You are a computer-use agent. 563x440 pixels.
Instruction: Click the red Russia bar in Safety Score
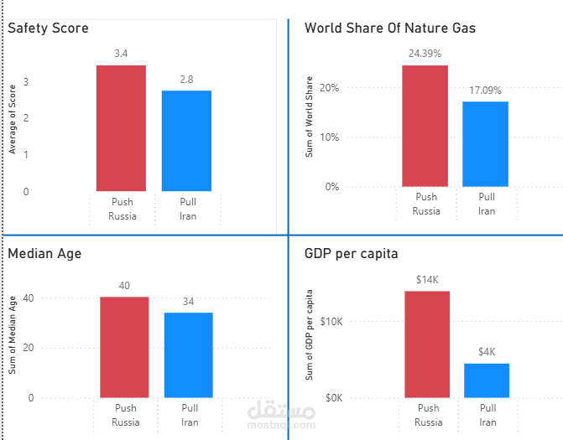[121, 128]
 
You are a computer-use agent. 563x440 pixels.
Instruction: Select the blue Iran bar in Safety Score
[186, 141]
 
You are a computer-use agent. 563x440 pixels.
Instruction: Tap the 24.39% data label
[425, 53]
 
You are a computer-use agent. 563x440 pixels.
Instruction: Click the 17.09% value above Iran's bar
[486, 89]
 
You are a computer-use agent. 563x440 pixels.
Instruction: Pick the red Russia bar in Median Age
[124, 347]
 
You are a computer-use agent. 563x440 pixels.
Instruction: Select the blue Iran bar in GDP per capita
[487, 380]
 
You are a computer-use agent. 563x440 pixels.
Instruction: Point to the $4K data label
[487, 352]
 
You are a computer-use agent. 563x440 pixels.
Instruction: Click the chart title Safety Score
[48, 28]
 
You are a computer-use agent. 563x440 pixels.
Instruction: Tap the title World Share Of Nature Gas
[390, 28]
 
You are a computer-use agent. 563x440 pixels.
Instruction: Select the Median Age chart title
[44, 253]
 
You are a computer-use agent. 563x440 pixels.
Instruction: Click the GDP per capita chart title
[351, 253]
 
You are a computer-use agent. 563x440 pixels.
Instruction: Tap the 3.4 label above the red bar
[121, 54]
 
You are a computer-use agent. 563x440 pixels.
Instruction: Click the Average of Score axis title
[13, 119]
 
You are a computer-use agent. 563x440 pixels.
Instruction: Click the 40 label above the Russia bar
[124, 286]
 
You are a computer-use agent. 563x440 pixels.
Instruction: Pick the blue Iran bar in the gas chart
[486, 143]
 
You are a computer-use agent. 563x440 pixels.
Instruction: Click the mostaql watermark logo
[281, 416]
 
